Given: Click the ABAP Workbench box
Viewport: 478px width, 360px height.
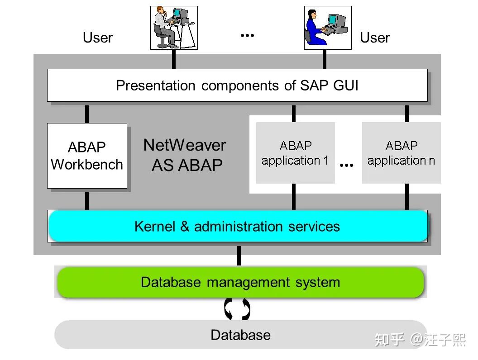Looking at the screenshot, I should click(x=87, y=156).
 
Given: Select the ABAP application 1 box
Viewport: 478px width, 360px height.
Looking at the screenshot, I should click(x=295, y=153).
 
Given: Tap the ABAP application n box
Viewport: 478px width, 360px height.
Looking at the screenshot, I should click(x=401, y=153).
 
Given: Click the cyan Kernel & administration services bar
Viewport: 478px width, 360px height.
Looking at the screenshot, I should click(x=238, y=226).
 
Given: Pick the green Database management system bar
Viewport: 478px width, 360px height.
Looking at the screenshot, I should click(x=240, y=282).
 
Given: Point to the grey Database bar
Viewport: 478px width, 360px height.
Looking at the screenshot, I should click(x=240, y=335).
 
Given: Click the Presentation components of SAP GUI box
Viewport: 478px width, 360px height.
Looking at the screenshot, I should click(x=237, y=85).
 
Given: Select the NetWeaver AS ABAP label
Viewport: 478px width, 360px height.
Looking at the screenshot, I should click(x=185, y=155).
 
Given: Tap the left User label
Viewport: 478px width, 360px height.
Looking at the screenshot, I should click(x=97, y=38).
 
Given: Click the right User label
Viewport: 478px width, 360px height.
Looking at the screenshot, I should click(x=375, y=38).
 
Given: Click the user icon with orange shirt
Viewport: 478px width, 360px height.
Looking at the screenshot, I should click(x=174, y=28).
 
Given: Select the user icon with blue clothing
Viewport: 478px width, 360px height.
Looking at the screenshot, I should click(x=328, y=28).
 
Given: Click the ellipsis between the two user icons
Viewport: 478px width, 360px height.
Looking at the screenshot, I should click(x=247, y=35).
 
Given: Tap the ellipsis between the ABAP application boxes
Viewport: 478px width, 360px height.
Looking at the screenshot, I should click(x=347, y=166).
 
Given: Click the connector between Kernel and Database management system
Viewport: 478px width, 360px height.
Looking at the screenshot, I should click(x=239, y=256).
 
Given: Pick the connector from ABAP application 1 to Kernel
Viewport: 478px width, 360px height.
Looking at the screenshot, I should click(x=294, y=197).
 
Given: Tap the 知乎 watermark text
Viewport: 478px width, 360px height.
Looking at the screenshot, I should click(x=390, y=340).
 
